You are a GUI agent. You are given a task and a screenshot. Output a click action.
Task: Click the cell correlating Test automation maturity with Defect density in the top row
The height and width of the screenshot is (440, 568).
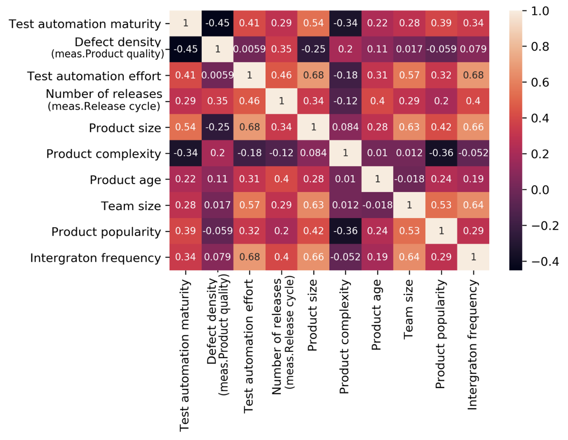tap(217, 23)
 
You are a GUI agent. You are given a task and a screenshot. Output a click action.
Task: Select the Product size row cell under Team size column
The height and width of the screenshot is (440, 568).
tap(409, 127)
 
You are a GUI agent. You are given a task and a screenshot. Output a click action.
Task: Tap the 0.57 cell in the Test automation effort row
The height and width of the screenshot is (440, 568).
tap(409, 75)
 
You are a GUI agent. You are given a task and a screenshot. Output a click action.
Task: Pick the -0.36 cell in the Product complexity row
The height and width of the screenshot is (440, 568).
tap(441, 153)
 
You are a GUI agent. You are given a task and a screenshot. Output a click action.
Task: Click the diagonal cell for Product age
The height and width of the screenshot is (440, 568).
tap(377, 179)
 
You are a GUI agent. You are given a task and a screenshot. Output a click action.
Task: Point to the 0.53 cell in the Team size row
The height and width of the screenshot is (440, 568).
tap(441, 205)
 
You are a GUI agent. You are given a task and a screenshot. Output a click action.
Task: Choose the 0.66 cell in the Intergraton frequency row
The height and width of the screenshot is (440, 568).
tap(313, 257)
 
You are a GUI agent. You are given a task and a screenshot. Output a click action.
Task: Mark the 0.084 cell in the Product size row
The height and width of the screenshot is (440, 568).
tap(346, 127)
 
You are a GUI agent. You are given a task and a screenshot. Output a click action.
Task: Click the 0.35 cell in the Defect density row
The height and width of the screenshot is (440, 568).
tap(281, 49)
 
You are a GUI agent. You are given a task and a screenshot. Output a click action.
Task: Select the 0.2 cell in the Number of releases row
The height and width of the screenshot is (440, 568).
tap(441, 101)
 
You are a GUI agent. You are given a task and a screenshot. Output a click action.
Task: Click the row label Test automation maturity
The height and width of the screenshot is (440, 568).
tap(85, 24)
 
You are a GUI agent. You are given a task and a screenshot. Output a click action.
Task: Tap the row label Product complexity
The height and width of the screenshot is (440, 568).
tap(103, 154)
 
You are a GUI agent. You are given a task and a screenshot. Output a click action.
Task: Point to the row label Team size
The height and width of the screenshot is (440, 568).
tap(131, 206)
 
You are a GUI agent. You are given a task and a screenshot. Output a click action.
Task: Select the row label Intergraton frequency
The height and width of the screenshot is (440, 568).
tap(95, 258)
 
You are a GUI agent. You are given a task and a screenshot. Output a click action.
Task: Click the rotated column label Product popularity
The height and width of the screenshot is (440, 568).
tap(441, 334)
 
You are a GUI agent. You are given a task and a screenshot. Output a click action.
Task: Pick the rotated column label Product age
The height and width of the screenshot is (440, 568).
tap(376, 315)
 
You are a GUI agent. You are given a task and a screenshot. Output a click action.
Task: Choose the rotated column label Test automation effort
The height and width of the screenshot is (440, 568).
tap(249, 346)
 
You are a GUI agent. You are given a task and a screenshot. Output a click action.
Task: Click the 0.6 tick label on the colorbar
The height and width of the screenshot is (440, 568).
tap(540, 83)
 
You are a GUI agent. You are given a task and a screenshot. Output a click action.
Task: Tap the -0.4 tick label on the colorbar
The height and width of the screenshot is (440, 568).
tap(545, 262)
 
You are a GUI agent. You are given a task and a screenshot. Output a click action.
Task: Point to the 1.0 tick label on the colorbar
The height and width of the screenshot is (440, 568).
tap(540, 11)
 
